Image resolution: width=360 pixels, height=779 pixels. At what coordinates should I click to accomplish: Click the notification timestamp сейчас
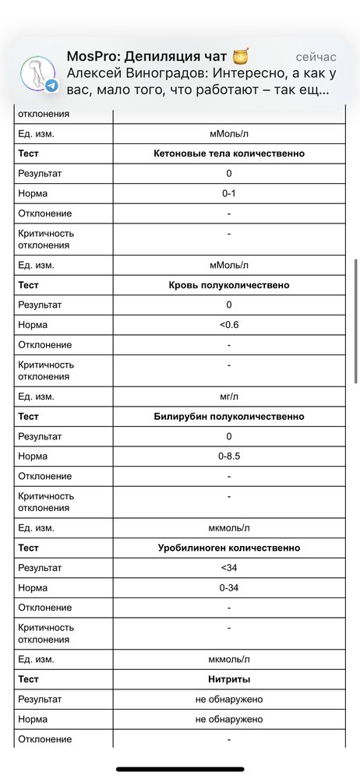[x=316, y=58]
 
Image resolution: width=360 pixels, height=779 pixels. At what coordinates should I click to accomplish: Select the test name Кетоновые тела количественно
[x=229, y=153]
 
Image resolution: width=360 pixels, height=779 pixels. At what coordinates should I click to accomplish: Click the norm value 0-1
[x=229, y=193]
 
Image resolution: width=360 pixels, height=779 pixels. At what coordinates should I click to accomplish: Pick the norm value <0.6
[x=229, y=325]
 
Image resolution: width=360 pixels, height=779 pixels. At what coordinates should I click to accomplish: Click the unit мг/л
[x=229, y=397]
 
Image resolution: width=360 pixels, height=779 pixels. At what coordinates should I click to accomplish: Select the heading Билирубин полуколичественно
[x=229, y=417]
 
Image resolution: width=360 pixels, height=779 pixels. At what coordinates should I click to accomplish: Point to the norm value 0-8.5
[x=229, y=456]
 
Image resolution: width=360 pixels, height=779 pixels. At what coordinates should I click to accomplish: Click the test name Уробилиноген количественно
[x=229, y=548]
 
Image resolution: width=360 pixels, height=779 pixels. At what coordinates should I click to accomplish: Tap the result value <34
[x=229, y=568]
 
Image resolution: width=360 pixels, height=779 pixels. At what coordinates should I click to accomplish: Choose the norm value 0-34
[x=229, y=587]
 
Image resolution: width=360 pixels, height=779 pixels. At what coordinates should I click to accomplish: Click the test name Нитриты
[x=229, y=679]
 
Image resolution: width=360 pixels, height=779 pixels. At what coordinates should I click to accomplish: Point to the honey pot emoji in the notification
[x=239, y=56]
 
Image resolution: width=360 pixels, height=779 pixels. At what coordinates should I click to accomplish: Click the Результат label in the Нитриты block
[x=40, y=700]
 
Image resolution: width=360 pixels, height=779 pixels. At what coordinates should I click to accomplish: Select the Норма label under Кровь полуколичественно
[x=33, y=325]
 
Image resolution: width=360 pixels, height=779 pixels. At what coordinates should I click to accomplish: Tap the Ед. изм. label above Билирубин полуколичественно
[x=36, y=397]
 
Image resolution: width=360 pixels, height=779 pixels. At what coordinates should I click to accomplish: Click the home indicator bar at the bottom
[x=180, y=770]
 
